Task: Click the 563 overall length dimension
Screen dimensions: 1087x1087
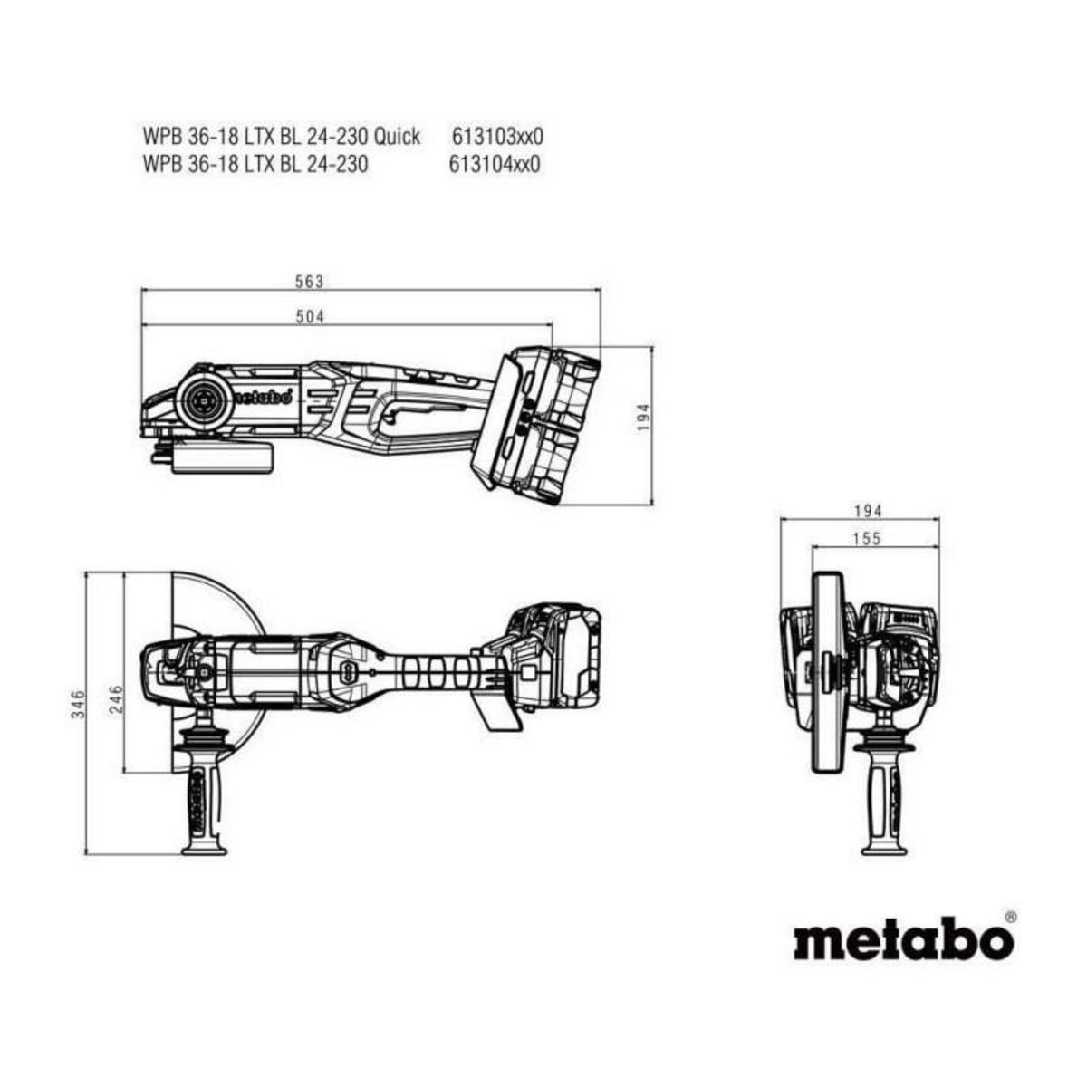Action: [x=309, y=282]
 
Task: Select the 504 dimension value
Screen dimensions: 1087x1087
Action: [x=309, y=316]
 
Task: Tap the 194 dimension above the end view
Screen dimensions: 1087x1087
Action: [x=867, y=512]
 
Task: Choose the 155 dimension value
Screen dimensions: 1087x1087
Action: [x=867, y=539]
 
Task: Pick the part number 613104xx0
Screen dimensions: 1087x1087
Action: [x=495, y=165]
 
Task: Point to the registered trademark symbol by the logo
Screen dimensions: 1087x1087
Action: [x=1010, y=917]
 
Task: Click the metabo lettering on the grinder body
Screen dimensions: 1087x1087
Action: [x=262, y=396]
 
